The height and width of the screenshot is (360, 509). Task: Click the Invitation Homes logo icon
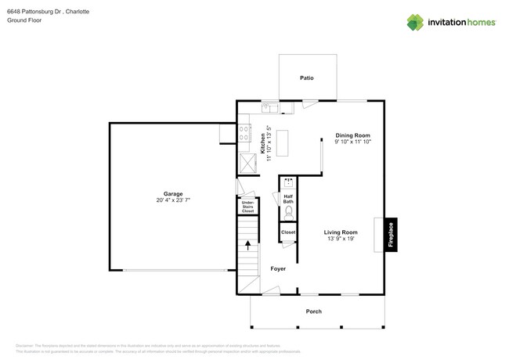pos(415,23)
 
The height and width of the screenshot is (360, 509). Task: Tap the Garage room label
pos(173,194)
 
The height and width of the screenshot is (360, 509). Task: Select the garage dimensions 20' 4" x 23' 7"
pos(173,201)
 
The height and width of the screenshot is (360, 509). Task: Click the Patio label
pos(308,78)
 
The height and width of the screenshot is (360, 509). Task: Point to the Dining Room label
pos(352,135)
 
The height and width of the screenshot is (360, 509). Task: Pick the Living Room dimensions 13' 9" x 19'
pos(341,239)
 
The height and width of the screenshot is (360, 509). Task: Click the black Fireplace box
pos(391,236)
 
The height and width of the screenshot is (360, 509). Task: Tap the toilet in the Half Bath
pos(288,211)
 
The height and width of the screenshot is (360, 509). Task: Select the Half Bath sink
pos(287,182)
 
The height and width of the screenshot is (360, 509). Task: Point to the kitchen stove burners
pos(244,133)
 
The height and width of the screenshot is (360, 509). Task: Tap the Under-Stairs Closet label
pos(247,207)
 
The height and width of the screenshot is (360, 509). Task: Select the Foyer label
pos(278,268)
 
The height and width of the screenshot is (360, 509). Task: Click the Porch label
pos(313,311)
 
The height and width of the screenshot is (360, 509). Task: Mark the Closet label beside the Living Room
pos(287,232)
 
